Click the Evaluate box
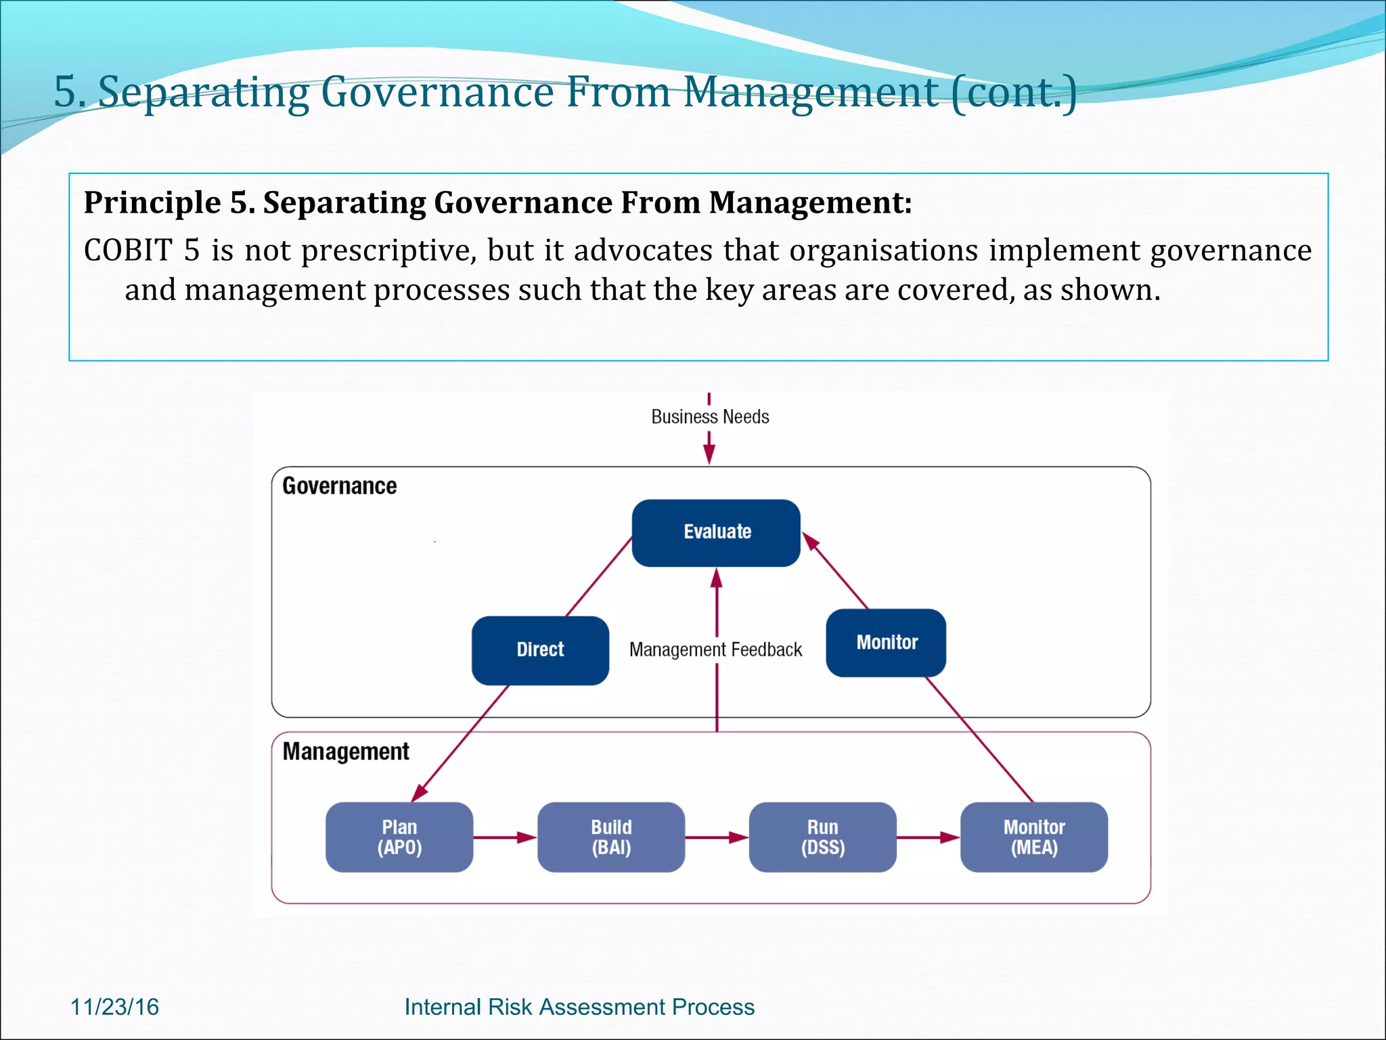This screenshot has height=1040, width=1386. [716, 532]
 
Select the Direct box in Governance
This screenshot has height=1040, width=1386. [540, 650]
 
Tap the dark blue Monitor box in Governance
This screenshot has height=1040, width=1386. [886, 643]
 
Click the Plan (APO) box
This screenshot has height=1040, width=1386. [399, 837]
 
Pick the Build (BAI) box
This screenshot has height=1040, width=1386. [611, 837]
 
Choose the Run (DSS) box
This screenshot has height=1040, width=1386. [822, 837]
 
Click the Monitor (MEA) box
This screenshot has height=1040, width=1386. [1033, 837]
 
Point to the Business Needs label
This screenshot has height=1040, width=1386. [710, 416]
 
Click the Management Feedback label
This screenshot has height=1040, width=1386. [715, 650]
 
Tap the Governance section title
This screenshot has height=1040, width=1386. [339, 486]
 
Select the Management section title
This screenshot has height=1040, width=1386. [345, 752]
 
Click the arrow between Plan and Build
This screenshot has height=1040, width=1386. [505, 838]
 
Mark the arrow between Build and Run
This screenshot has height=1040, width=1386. [717, 838]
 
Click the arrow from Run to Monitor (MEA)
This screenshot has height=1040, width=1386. [928, 838]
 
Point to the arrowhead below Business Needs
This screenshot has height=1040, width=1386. [709, 455]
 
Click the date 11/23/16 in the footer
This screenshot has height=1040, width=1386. [114, 1007]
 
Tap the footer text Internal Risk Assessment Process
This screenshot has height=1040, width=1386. [579, 1007]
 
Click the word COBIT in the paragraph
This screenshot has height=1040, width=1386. [128, 251]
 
